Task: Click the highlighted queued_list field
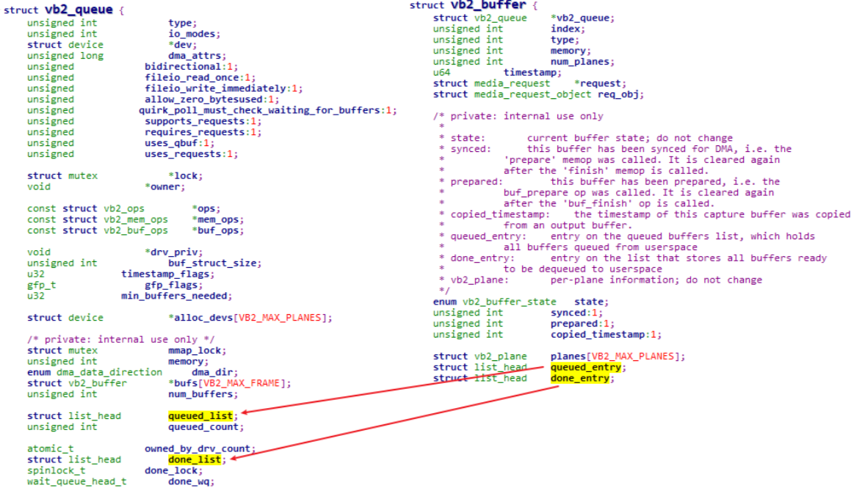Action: click(200, 416)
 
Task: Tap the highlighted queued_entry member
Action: click(586, 367)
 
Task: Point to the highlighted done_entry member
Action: click(579, 378)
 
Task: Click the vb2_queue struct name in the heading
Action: click(79, 10)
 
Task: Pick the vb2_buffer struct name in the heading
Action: click(488, 5)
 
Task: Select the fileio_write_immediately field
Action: click(215, 88)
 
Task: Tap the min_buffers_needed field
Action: click(174, 296)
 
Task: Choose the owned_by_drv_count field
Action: click(198, 448)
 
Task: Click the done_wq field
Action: click(189, 481)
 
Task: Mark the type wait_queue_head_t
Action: click(76, 481)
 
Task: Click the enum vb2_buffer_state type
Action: click(494, 302)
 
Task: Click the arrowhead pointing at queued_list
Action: click(245, 412)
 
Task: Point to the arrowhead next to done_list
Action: click(234, 458)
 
